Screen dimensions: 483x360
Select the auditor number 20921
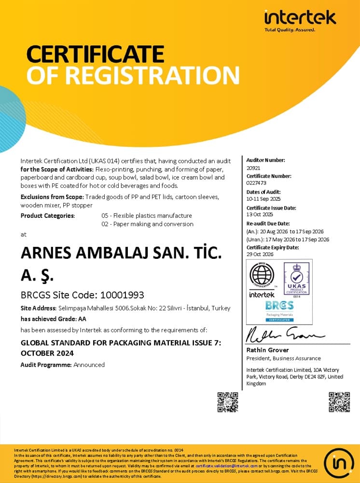[253, 167]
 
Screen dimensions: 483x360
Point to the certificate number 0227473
[256, 183]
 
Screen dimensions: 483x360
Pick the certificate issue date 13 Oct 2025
[260, 214]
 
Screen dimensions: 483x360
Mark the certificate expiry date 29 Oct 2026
[260, 255]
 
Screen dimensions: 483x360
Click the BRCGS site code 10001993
[121, 295]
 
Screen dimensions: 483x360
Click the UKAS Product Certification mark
[296, 280]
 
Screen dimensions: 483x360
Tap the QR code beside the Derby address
[227, 402]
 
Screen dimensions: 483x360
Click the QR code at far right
[339, 402]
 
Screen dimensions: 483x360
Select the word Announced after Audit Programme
[89, 365]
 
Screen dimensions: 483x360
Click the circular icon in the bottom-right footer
[338, 463]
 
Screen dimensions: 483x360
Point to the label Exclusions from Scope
[52, 197]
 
